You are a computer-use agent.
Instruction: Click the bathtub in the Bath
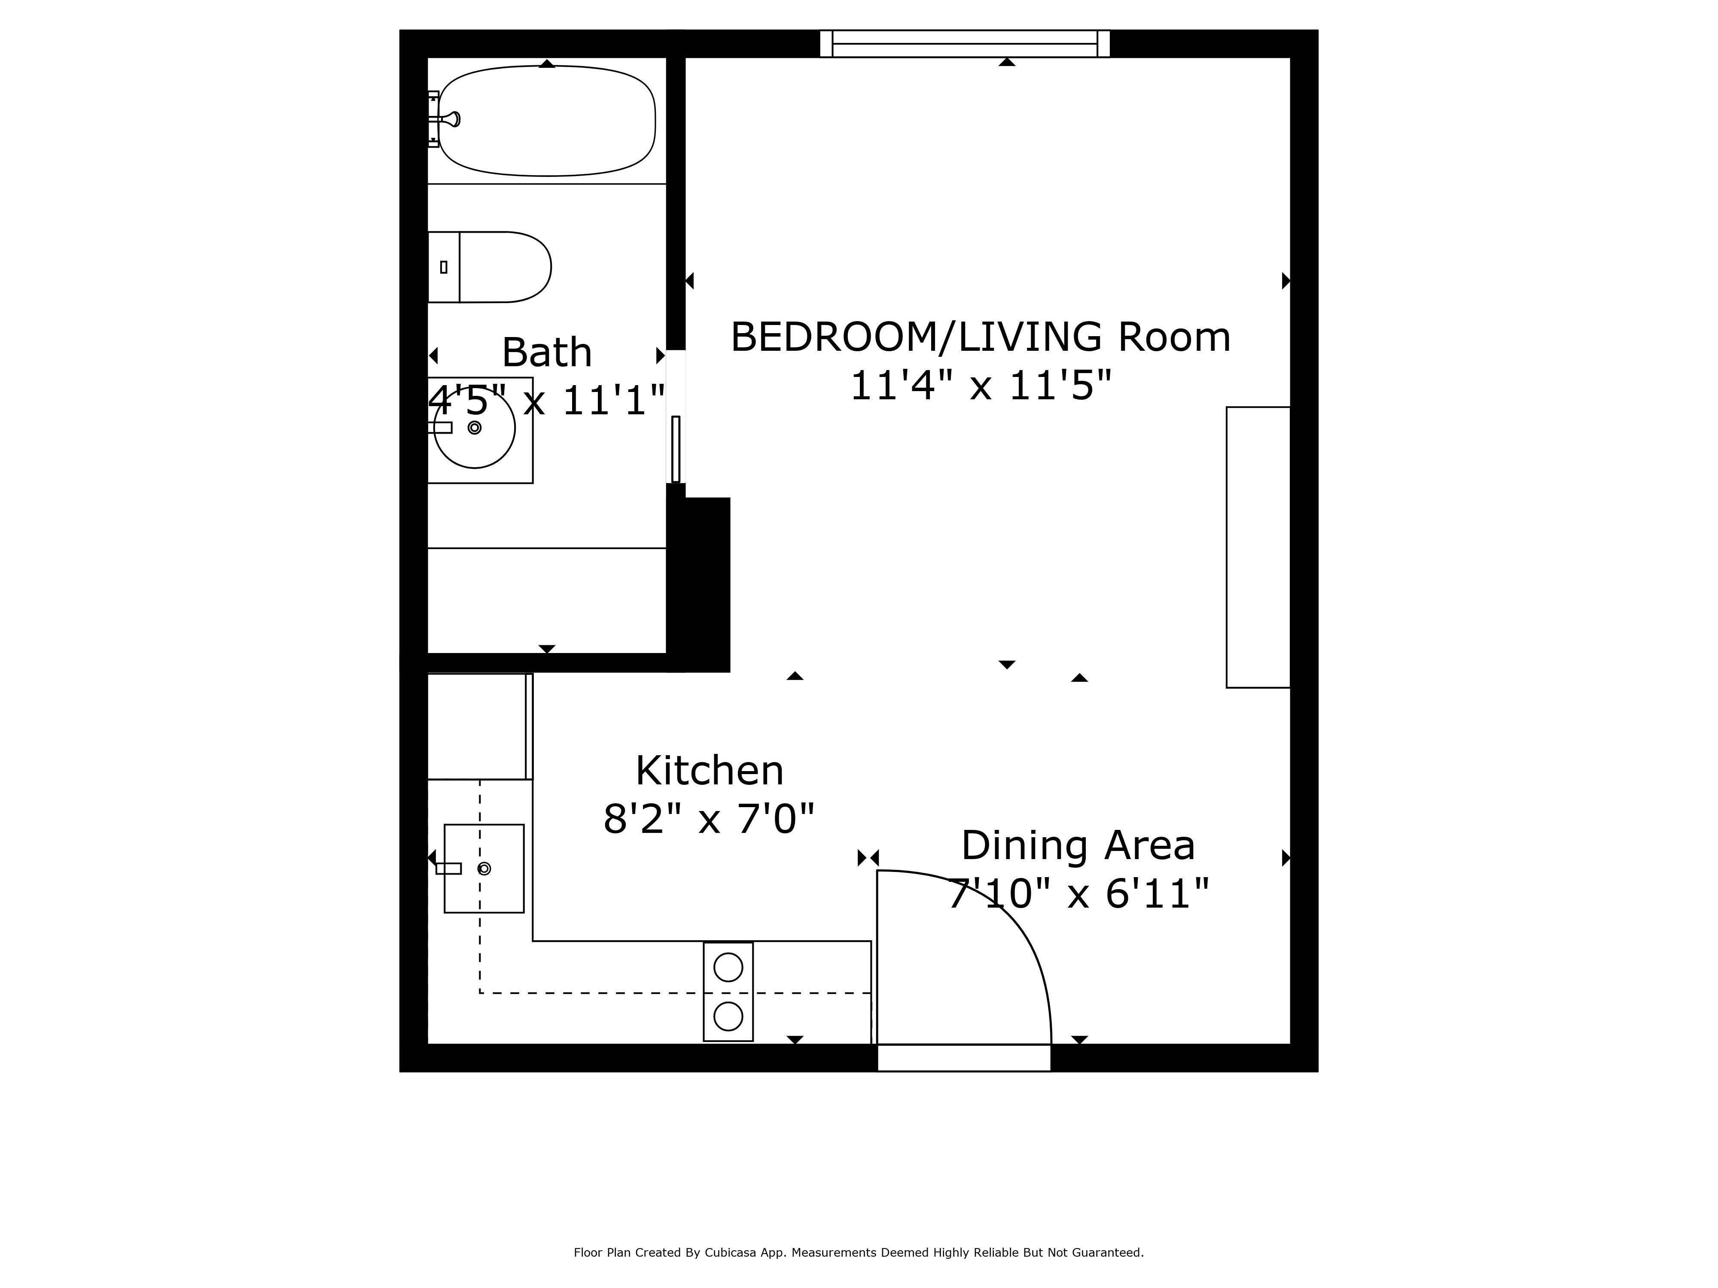point(547,121)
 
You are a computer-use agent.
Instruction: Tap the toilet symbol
point(497,267)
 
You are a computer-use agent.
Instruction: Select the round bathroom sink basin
point(475,428)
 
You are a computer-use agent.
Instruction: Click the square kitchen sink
point(484,868)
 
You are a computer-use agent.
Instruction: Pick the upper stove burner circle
point(728,967)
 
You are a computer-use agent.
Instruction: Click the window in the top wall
point(965,43)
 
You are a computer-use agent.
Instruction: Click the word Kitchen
point(709,771)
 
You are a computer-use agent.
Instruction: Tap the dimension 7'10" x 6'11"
point(1078,893)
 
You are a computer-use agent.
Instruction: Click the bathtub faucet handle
point(451,119)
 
